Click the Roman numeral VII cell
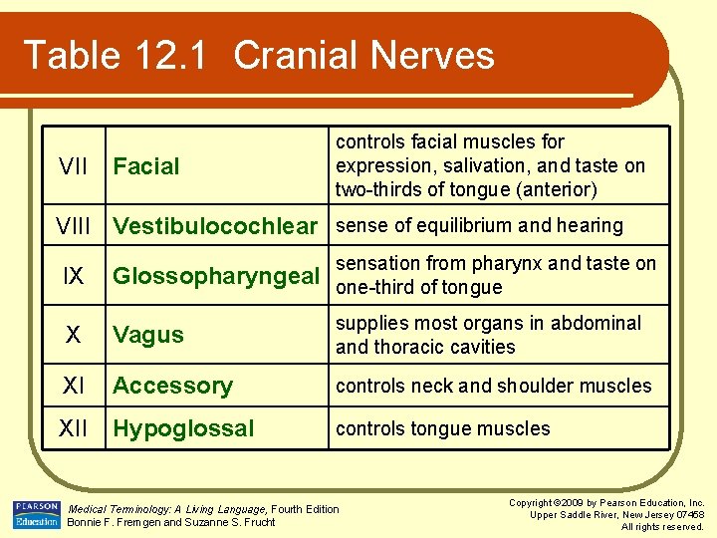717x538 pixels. pos(73,166)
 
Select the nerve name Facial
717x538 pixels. pos(146,166)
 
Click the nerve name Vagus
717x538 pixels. pos(148,335)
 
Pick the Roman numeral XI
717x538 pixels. pos(74,386)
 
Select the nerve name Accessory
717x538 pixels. pos(172,386)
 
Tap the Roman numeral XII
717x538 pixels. pos(74,428)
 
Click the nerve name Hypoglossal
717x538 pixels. pos(183,428)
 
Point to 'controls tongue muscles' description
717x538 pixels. pos(442,428)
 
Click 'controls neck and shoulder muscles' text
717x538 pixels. pos(493,386)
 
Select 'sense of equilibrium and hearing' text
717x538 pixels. pos(479,226)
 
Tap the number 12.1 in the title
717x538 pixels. pos(170,55)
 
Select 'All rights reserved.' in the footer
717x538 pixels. pos(661,526)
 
